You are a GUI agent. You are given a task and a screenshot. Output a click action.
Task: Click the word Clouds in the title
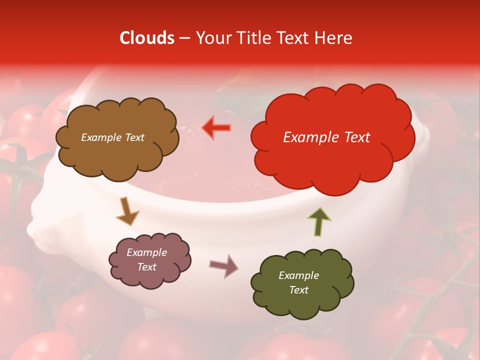(x=147, y=38)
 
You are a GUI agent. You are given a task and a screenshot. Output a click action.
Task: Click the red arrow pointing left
(x=216, y=128)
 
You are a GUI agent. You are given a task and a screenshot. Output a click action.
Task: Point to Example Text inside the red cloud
(x=326, y=137)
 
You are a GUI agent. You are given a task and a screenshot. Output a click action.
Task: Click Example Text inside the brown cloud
(x=113, y=137)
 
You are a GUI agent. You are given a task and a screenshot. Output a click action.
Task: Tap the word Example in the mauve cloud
(x=146, y=252)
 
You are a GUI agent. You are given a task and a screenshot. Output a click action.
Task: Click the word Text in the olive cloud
(x=298, y=290)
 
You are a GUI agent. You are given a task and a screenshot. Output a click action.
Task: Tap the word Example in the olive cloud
(x=298, y=275)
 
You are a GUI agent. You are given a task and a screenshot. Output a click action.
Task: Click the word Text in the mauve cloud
(x=146, y=267)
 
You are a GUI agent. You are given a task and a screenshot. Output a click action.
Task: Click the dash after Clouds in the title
(x=184, y=38)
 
